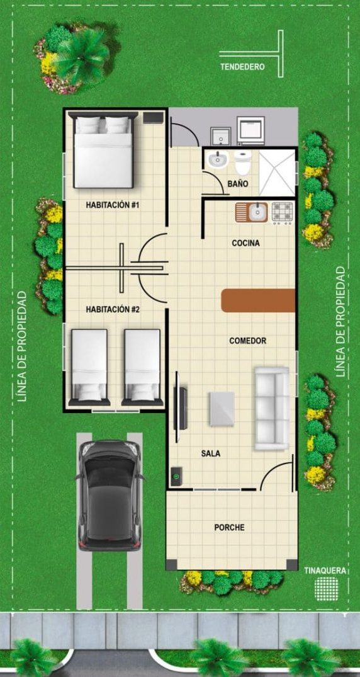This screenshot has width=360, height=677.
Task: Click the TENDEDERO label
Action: tap(242, 67)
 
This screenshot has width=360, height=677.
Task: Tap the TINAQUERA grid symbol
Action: tap(327, 588)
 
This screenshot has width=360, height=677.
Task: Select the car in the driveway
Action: tap(110, 495)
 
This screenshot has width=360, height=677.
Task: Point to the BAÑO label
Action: tap(238, 184)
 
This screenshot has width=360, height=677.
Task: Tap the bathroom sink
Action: tap(217, 160)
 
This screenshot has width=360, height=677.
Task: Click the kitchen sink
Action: tap(252, 212)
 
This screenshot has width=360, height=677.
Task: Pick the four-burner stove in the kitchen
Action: tap(283, 212)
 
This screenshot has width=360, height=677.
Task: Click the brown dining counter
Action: tap(258, 300)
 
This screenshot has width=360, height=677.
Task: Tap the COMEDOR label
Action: tap(248, 341)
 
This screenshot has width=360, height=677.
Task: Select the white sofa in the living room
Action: tap(271, 408)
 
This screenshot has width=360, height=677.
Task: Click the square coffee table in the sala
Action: tap(222, 409)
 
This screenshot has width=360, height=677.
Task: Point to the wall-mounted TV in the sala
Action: tap(180, 408)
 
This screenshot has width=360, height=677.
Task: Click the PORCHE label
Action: tap(229, 527)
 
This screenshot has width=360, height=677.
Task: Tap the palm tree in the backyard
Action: tap(81, 56)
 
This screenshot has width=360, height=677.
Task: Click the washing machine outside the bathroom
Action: tap(250, 130)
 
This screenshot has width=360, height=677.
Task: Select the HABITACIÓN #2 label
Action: tap(112, 309)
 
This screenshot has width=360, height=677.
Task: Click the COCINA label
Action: tap(245, 243)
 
